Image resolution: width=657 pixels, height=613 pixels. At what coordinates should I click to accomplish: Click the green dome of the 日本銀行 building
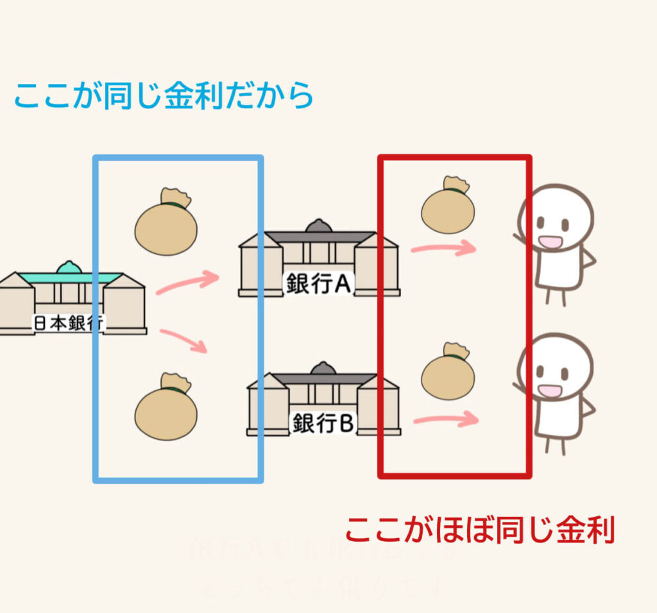coord(69,267)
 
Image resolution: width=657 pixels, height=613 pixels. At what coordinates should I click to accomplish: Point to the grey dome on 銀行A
coord(318,226)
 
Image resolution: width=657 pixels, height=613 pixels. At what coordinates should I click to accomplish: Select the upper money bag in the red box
coord(448,206)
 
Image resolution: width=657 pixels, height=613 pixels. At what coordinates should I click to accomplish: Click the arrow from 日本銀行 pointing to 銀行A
coord(188,282)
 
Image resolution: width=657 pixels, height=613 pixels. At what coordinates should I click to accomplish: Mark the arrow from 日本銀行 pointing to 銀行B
coord(185,340)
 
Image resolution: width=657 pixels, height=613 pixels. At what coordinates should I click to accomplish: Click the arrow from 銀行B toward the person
coord(447,420)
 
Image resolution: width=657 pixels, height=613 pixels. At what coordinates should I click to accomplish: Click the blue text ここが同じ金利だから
coord(164,95)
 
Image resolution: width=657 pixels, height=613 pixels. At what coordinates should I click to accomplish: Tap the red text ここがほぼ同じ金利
coord(480,530)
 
